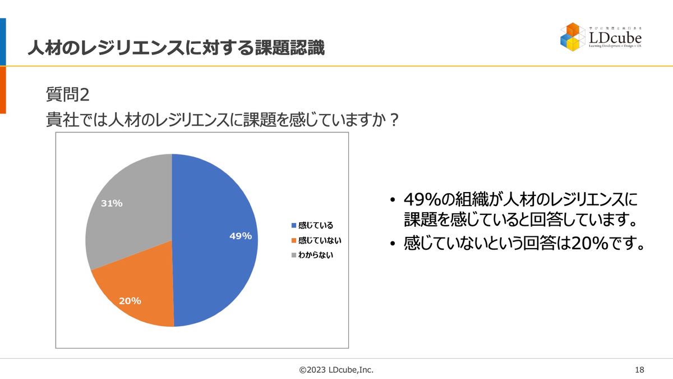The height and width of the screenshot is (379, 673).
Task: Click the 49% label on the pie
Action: [241, 236]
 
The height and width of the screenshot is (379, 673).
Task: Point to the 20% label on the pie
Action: [130, 301]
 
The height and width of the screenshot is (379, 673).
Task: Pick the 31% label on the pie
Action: [112, 203]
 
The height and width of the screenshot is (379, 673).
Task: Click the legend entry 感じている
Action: [316, 226]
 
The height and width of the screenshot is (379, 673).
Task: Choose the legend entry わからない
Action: [316, 255]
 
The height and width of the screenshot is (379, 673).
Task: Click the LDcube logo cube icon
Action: [573, 36]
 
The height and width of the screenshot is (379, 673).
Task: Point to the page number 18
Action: [639, 369]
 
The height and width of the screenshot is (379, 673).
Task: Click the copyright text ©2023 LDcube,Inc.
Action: [336, 369]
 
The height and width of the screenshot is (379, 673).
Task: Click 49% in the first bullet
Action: [424, 200]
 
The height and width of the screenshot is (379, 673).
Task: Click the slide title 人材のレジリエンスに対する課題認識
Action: [176, 48]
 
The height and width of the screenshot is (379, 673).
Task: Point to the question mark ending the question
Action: [394, 120]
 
